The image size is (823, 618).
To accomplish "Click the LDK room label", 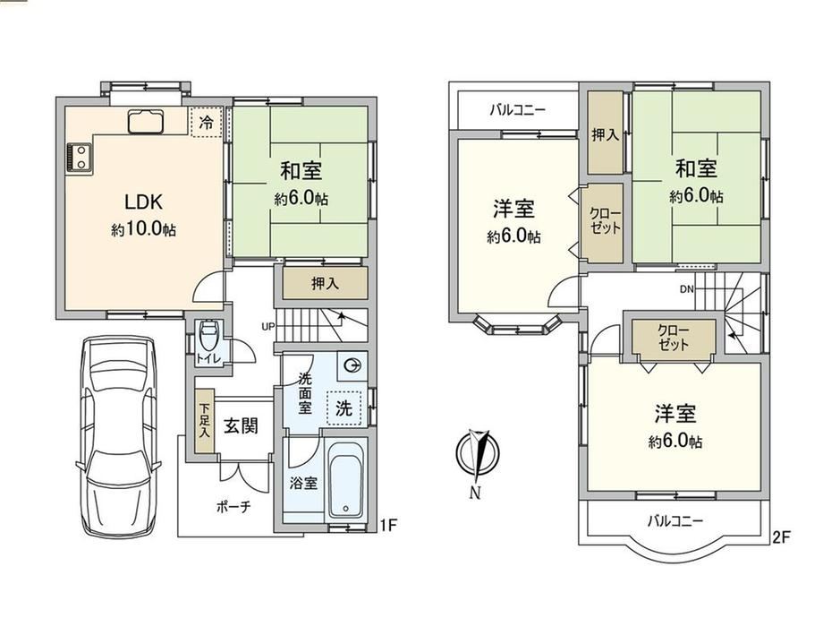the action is click(143, 202).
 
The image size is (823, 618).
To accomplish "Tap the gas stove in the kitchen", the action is click(80, 158).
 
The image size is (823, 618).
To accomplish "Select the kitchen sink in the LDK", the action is click(147, 121).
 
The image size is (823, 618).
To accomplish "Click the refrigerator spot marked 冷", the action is click(207, 123).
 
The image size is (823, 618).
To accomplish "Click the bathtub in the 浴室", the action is click(346, 479).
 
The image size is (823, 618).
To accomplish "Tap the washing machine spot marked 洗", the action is click(344, 408).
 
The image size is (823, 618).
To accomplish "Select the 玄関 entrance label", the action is click(242, 425).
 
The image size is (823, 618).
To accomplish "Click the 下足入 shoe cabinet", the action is click(204, 421).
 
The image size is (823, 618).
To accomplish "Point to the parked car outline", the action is click(119, 436).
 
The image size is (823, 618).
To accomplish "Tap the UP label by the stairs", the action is click(268, 326).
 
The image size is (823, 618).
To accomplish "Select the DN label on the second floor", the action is click(686, 288).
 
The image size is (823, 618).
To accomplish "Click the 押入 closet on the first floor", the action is click(325, 283).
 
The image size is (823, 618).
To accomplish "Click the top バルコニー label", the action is click(518, 110).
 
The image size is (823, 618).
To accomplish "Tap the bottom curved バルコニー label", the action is click(675, 521).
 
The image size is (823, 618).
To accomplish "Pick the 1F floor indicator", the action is click(388, 525).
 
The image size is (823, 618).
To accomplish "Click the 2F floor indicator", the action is click(781, 537).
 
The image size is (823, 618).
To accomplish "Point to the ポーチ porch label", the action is click(233, 507).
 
